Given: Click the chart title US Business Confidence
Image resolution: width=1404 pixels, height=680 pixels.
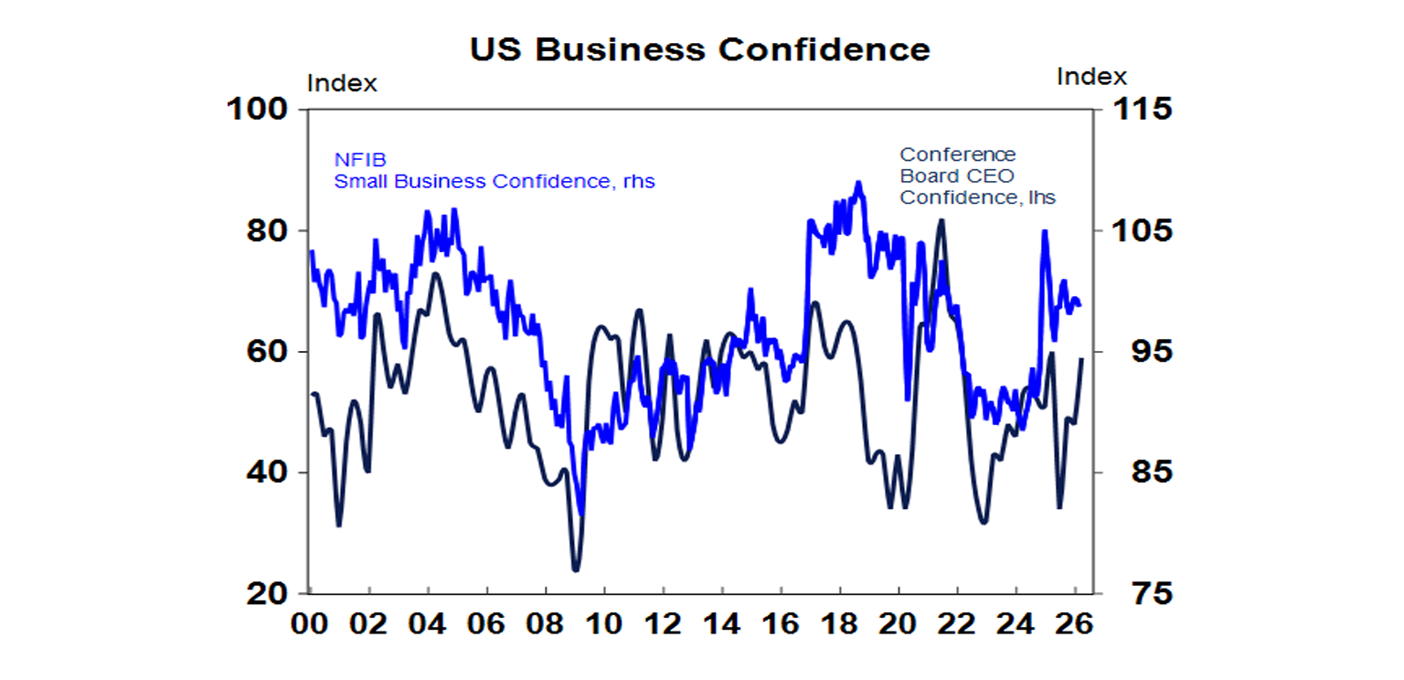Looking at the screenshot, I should [700, 48].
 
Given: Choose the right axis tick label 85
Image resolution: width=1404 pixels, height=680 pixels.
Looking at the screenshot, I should [1133, 473].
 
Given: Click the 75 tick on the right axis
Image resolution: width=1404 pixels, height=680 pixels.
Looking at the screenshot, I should [1133, 594].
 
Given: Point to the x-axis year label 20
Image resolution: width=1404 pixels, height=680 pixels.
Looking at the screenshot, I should [899, 628].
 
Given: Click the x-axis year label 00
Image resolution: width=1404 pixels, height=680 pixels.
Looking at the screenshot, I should [310, 628].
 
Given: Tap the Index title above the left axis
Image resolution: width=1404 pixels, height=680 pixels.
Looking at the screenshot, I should [342, 83].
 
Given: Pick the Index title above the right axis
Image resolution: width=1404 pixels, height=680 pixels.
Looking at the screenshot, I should [1091, 77].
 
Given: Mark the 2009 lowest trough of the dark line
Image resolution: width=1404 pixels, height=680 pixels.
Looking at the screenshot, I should [576, 570].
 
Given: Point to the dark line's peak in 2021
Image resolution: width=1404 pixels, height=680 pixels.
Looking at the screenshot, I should [941, 220].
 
